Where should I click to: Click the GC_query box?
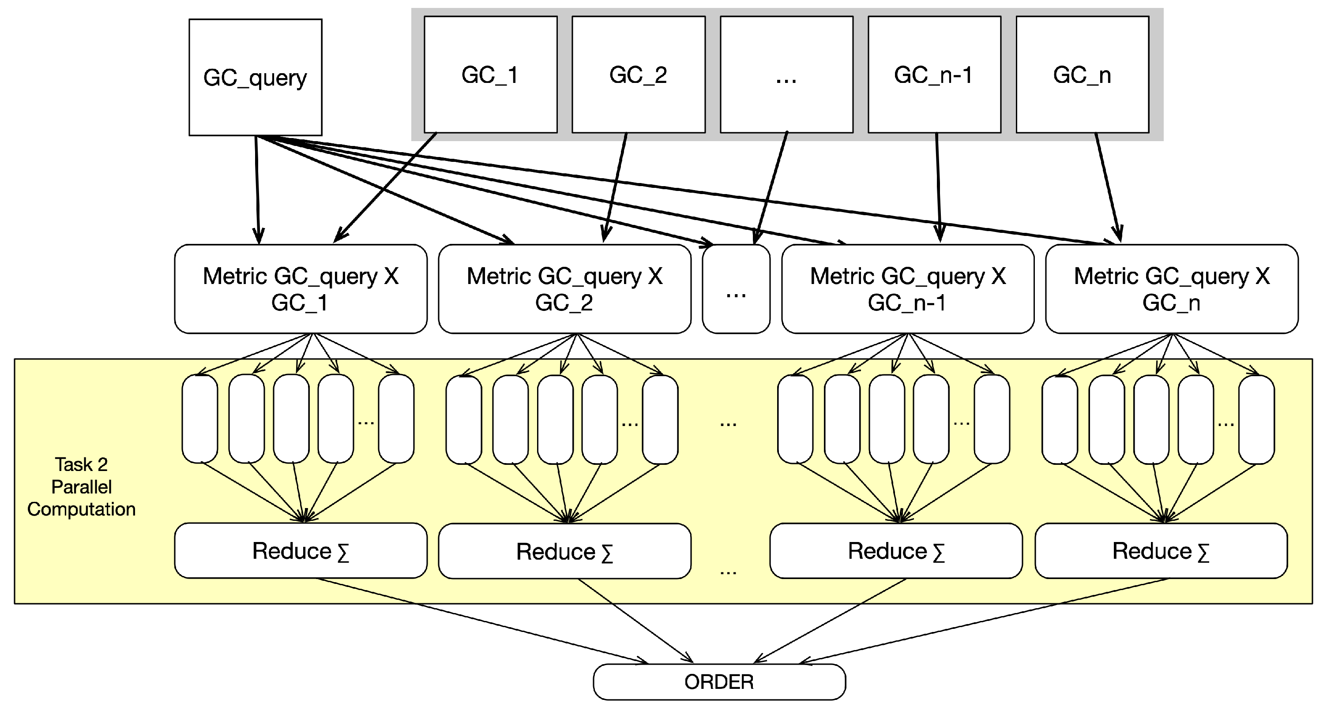point(255,77)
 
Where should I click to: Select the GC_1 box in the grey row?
point(490,75)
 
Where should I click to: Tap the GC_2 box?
point(638,75)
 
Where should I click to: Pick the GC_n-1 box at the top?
point(934,75)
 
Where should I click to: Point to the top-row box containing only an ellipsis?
point(786,75)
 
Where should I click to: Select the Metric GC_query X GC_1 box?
point(301,289)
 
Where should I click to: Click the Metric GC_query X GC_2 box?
point(564,289)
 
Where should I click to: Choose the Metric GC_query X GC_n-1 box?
point(907,289)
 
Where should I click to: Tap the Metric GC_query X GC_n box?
point(1171,289)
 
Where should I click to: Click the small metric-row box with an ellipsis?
point(736,289)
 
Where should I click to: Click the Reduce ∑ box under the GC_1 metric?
point(301,551)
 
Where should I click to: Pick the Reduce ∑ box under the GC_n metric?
point(1161,551)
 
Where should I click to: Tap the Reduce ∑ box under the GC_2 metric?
point(564,551)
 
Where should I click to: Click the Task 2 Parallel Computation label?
point(81,486)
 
